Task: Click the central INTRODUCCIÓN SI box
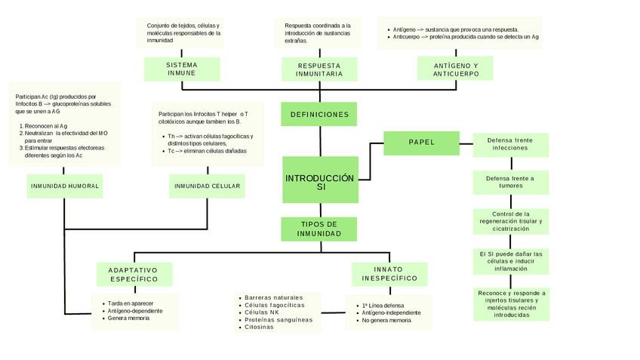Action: click(x=319, y=180)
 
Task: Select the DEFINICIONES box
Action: click(x=319, y=115)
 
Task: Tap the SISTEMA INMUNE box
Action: click(x=181, y=69)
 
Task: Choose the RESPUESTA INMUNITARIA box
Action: click(x=319, y=70)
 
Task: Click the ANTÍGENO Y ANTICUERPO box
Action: click(x=456, y=69)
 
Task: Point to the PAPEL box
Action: click(x=421, y=143)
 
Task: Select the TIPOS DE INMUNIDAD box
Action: click(x=319, y=229)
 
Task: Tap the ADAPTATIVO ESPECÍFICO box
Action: click(x=134, y=274)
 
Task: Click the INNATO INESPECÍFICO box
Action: click(x=389, y=274)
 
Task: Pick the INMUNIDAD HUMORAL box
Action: click(x=65, y=186)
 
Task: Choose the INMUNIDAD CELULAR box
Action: click(x=207, y=186)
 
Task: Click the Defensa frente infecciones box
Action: click(x=510, y=144)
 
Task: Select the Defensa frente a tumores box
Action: click(x=510, y=182)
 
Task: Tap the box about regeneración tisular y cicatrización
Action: click(x=510, y=221)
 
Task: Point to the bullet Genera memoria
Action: click(x=128, y=318)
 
